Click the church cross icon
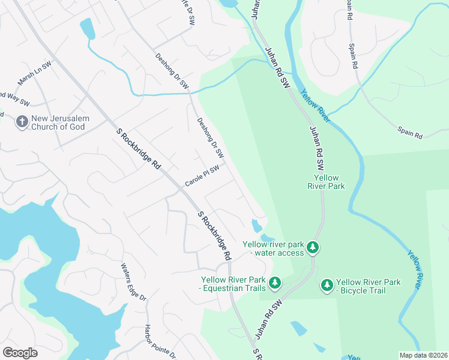click(x=22, y=122)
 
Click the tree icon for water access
click(x=312, y=247)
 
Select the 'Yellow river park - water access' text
click(x=274, y=248)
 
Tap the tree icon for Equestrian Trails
click(x=274, y=282)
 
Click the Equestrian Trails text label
click(x=233, y=284)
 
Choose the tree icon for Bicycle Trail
click(x=327, y=286)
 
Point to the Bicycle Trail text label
click(x=368, y=286)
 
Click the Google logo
click(x=20, y=353)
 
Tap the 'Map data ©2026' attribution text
click(x=423, y=355)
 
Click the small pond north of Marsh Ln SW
click(x=88, y=28)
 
